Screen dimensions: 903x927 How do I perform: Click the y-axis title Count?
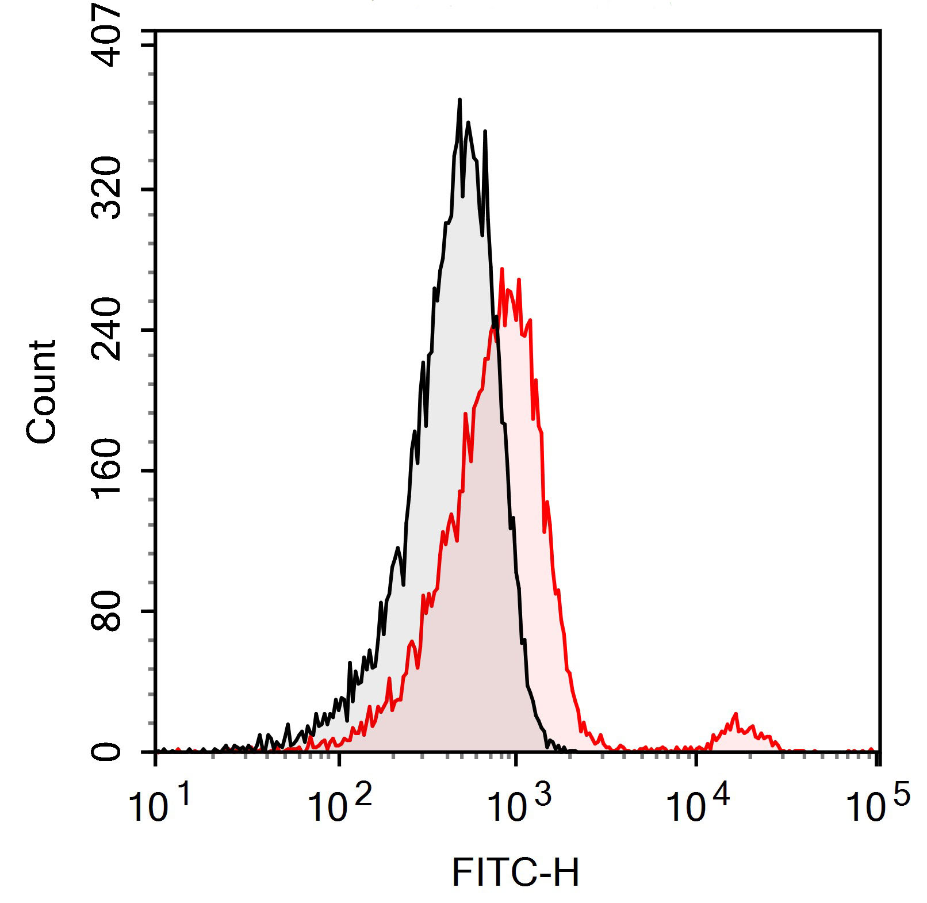tap(41, 392)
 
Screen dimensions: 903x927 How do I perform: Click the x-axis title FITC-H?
tap(515, 872)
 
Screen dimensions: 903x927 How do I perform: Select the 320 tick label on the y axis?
tap(108, 189)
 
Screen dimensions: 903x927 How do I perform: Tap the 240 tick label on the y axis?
tap(108, 330)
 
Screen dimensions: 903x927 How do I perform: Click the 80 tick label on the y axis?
tap(108, 611)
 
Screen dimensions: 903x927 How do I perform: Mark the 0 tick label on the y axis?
tap(108, 751)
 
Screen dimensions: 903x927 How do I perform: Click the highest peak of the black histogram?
tap(459, 100)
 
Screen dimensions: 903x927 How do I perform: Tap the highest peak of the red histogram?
tap(502, 269)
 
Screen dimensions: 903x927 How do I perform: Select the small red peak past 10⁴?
tap(736, 714)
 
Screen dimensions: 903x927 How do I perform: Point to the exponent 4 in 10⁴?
tap(721, 795)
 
